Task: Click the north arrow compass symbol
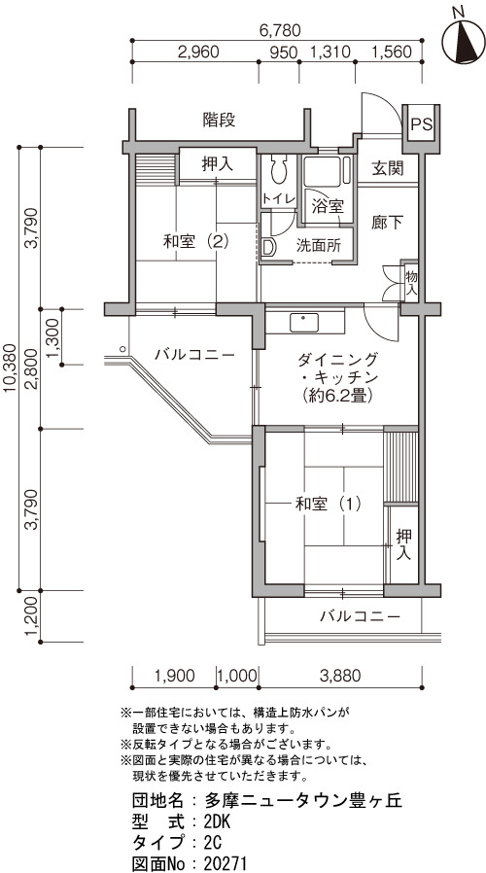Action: click(464, 42)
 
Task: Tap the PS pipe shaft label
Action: click(422, 124)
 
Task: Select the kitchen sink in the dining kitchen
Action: click(303, 323)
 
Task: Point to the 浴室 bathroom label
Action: click(327, 207)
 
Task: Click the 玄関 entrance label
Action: click(388, 167)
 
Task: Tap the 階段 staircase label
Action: click(219, 120)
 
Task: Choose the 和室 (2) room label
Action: click(196, 242)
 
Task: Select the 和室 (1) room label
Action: click(328, 505)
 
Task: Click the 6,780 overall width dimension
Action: click(280, 29)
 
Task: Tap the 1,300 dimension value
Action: click(53, 336)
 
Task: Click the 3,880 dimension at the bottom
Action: click(340, 676)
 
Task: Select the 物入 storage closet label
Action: click(411, 282)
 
